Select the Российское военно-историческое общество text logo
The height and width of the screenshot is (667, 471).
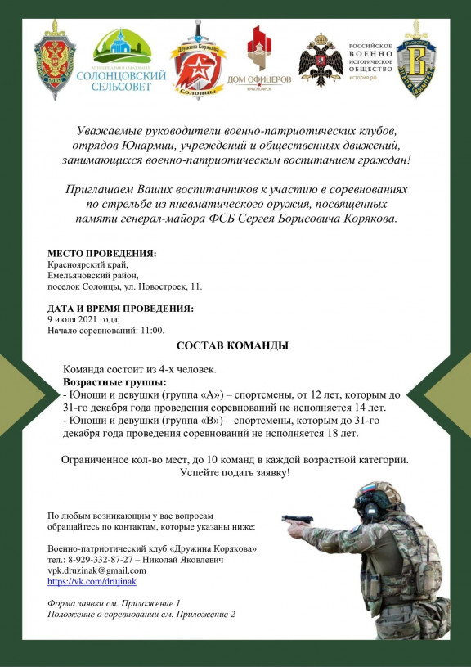coord(371,60)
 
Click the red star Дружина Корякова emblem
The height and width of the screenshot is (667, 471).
coord(198,60)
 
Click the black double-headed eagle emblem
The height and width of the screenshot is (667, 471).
coord(321,60)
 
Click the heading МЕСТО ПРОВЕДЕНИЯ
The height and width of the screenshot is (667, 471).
coord(101,255)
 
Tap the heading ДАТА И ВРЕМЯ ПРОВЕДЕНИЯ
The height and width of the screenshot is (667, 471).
coord(120,309)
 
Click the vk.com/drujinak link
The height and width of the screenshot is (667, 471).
coord(92,581)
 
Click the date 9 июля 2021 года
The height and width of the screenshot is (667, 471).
coord(83,319)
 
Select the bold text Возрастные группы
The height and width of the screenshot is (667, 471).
coord(114,382)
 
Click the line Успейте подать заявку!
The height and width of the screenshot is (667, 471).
coord(235,473)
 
